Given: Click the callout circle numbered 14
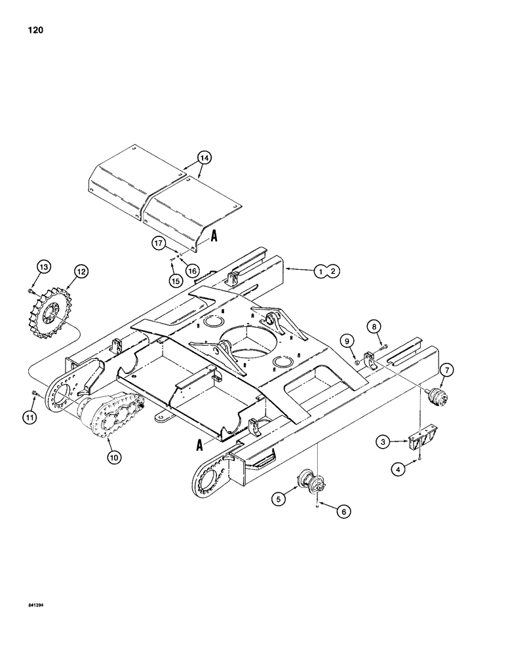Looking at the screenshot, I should click(204, 157).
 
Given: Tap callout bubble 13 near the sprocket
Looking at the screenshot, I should click(43, 268).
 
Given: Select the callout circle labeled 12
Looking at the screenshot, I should click(81, 270).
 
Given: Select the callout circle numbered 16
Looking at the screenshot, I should click(191, 269).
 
